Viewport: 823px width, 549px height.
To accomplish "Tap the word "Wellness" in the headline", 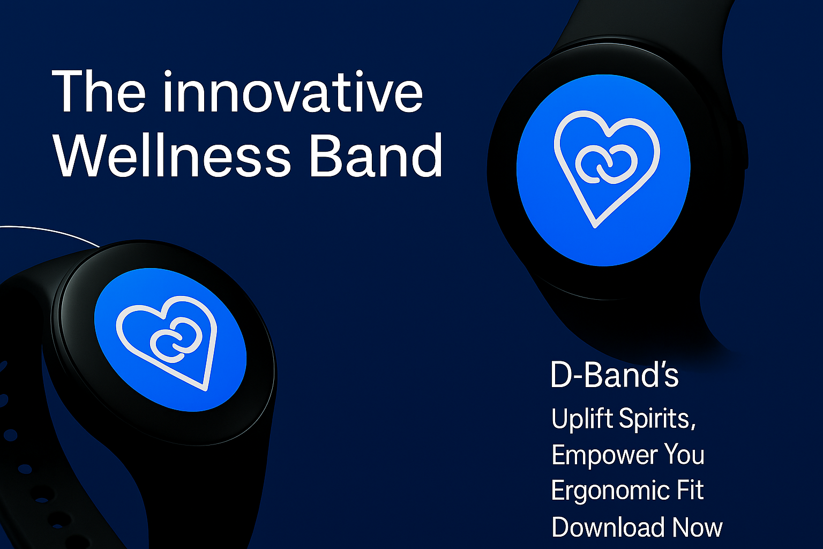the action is point(172,155).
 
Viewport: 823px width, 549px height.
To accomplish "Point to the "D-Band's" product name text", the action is point(615,375).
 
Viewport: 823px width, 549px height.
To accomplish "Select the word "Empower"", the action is point(604,455).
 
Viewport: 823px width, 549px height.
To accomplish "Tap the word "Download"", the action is point(609,527).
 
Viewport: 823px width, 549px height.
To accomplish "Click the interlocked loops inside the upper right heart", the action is point(606,164).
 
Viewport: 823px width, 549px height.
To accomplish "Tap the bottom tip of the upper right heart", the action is point(595,227).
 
